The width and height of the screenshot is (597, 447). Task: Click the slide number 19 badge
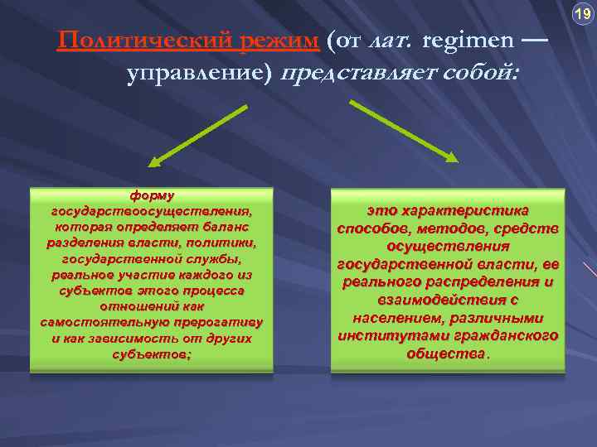582,15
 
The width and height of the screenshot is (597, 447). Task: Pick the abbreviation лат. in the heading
392,41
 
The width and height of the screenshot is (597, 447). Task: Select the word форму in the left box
152,196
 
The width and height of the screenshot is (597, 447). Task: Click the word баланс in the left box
224,226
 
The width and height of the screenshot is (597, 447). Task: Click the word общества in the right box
445,353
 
